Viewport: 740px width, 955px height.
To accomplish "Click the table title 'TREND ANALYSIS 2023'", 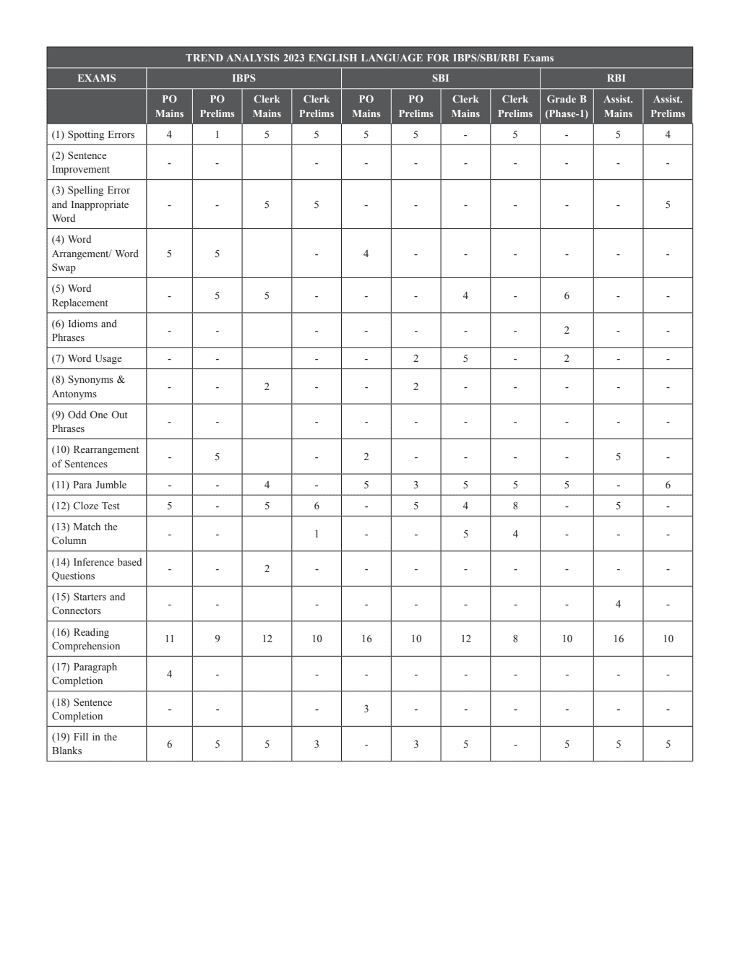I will (369, 58).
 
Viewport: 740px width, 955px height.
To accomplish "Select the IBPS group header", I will (244, 78).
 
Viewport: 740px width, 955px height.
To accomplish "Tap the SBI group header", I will (440, 78).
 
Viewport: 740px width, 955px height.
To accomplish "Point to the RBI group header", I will (616, 78).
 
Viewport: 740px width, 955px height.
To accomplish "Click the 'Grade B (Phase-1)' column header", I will (567, 106).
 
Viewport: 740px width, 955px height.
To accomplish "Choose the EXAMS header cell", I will (96, 78).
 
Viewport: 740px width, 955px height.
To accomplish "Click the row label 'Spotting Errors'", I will (93, 134).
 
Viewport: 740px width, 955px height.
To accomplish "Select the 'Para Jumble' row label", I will (89, 485).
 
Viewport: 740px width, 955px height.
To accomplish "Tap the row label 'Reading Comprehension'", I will (86, 639).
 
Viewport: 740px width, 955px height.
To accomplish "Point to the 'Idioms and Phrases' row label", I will (84, 331).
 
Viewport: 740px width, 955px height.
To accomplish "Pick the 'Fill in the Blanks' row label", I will (84, 744).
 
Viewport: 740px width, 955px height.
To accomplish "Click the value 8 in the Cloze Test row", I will (515, 506).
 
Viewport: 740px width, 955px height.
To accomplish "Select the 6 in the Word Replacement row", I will (567, 295).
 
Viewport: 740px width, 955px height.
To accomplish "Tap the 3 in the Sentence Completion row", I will (366, 709).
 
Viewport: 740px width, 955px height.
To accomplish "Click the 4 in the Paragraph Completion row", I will (169, 674).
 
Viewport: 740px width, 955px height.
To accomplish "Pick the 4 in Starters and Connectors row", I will (618, 604).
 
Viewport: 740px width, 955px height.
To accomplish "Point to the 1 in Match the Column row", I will (317, 534).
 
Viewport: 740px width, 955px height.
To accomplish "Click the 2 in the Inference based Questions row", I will (267, 569).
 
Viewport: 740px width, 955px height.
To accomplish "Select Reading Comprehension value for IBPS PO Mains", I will (169, 639).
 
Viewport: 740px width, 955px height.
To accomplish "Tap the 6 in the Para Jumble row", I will (668, 485).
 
